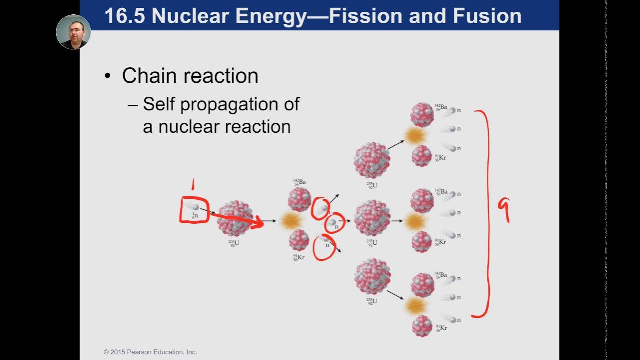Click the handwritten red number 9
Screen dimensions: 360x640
(504, 209)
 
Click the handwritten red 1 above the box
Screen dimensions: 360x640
(192, 186)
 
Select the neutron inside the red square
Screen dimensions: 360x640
(195, 207)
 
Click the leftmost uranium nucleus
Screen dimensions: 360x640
(235, 219)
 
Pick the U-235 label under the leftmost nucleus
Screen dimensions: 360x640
(234, 244)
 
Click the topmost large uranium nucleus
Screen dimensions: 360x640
(372, 160)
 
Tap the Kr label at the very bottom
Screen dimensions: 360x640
(440, 328)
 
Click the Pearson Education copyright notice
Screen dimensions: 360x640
(150, 352)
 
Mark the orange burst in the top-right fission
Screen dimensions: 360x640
(414, 135)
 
